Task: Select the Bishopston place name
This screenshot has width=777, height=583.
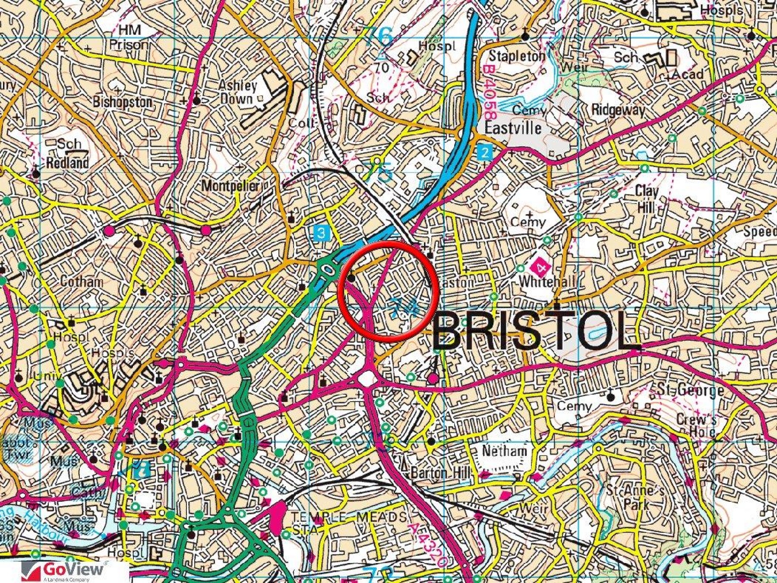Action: [123, 102]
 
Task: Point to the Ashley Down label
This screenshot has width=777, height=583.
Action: [237, 92]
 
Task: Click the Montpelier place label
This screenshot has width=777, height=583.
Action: [231, 186]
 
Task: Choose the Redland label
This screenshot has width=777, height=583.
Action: [67, 163]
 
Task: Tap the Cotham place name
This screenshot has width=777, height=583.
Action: [82, 282]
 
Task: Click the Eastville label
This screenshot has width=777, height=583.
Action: [512, 128]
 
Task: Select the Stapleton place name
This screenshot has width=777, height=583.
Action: [517, 56]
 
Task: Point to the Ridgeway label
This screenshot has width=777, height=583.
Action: [618, 110]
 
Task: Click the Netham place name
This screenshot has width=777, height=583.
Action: [504, 451]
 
